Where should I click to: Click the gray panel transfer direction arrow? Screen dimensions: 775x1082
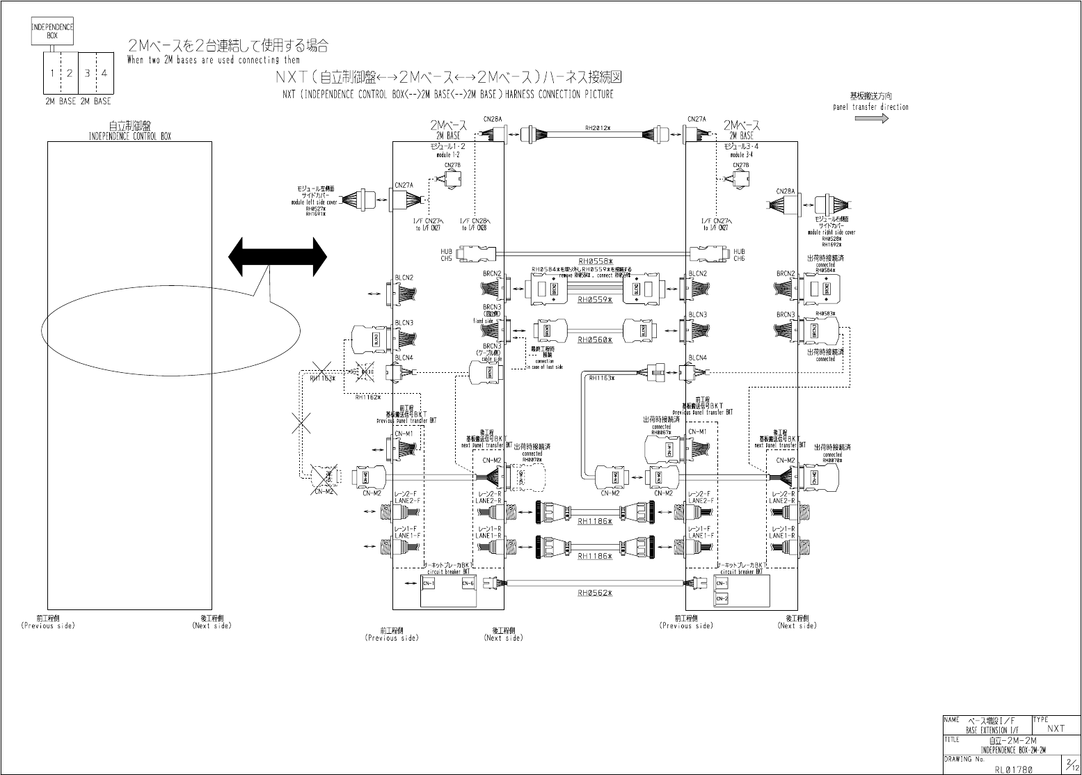pos(871,118)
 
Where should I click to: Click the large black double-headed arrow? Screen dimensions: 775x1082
pos(277,257)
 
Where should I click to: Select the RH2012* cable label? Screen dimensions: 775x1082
pos(597,128)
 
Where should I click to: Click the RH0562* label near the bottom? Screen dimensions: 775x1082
pos(595,593)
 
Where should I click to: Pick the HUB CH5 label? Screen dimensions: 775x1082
pos(446,255)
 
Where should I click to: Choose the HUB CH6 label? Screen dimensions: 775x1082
pos(739,255)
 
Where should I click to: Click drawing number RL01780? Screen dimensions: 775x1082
pos(1013,769)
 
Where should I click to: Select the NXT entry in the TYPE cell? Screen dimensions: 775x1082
pos(1056,728)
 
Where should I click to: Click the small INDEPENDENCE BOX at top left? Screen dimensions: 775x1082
pos(52,31)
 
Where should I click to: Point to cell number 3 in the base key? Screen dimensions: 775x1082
pos(87,72)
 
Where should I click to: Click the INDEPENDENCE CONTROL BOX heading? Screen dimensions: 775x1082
pos(129,136)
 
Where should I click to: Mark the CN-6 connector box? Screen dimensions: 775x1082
pos(468,583)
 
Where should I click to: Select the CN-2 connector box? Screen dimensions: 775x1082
pos(722,598)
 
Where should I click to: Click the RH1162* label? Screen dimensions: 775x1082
pos(368,397)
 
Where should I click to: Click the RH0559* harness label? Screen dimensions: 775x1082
pos(595,300)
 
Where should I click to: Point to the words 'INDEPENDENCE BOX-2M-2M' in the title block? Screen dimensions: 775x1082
pos(1012,750)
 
